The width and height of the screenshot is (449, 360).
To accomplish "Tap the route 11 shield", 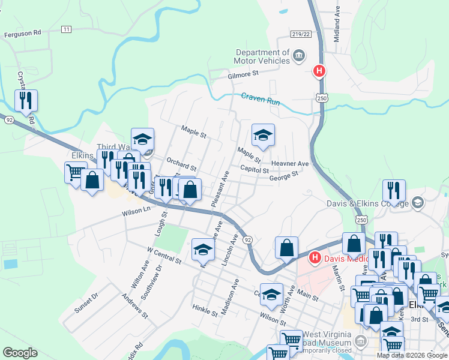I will click(x=65, y=29).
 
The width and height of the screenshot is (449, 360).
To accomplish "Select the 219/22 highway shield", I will click(x=304, y=34).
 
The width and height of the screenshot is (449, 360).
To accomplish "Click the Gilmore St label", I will click(x=243, y=74).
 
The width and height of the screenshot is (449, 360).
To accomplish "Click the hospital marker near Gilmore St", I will click(x=319, y=71).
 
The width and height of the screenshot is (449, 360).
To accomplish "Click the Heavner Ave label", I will click(x=289, y=163).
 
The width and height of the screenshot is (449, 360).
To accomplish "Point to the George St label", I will click(x=283, y=176).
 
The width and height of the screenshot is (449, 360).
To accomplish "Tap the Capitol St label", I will click(x=254, y=170).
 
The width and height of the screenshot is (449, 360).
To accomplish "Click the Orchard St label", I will click(x=181, y=164).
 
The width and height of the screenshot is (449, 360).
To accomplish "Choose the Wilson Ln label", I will click(x=136, y=211).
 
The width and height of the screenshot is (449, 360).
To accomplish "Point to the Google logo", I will click(x=20, y=352).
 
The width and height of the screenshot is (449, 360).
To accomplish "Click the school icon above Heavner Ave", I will click(x=263, y=137).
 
